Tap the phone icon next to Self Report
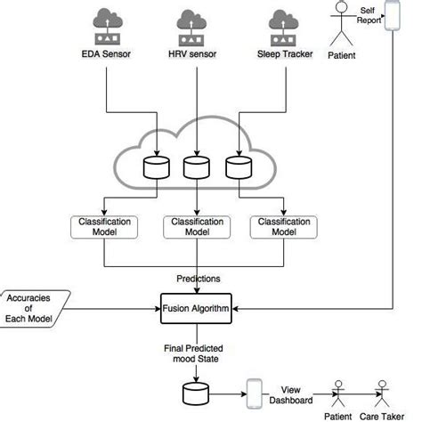tap(391, 19)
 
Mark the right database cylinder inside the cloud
tap(237, 166)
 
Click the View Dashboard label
tap(296, 394)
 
